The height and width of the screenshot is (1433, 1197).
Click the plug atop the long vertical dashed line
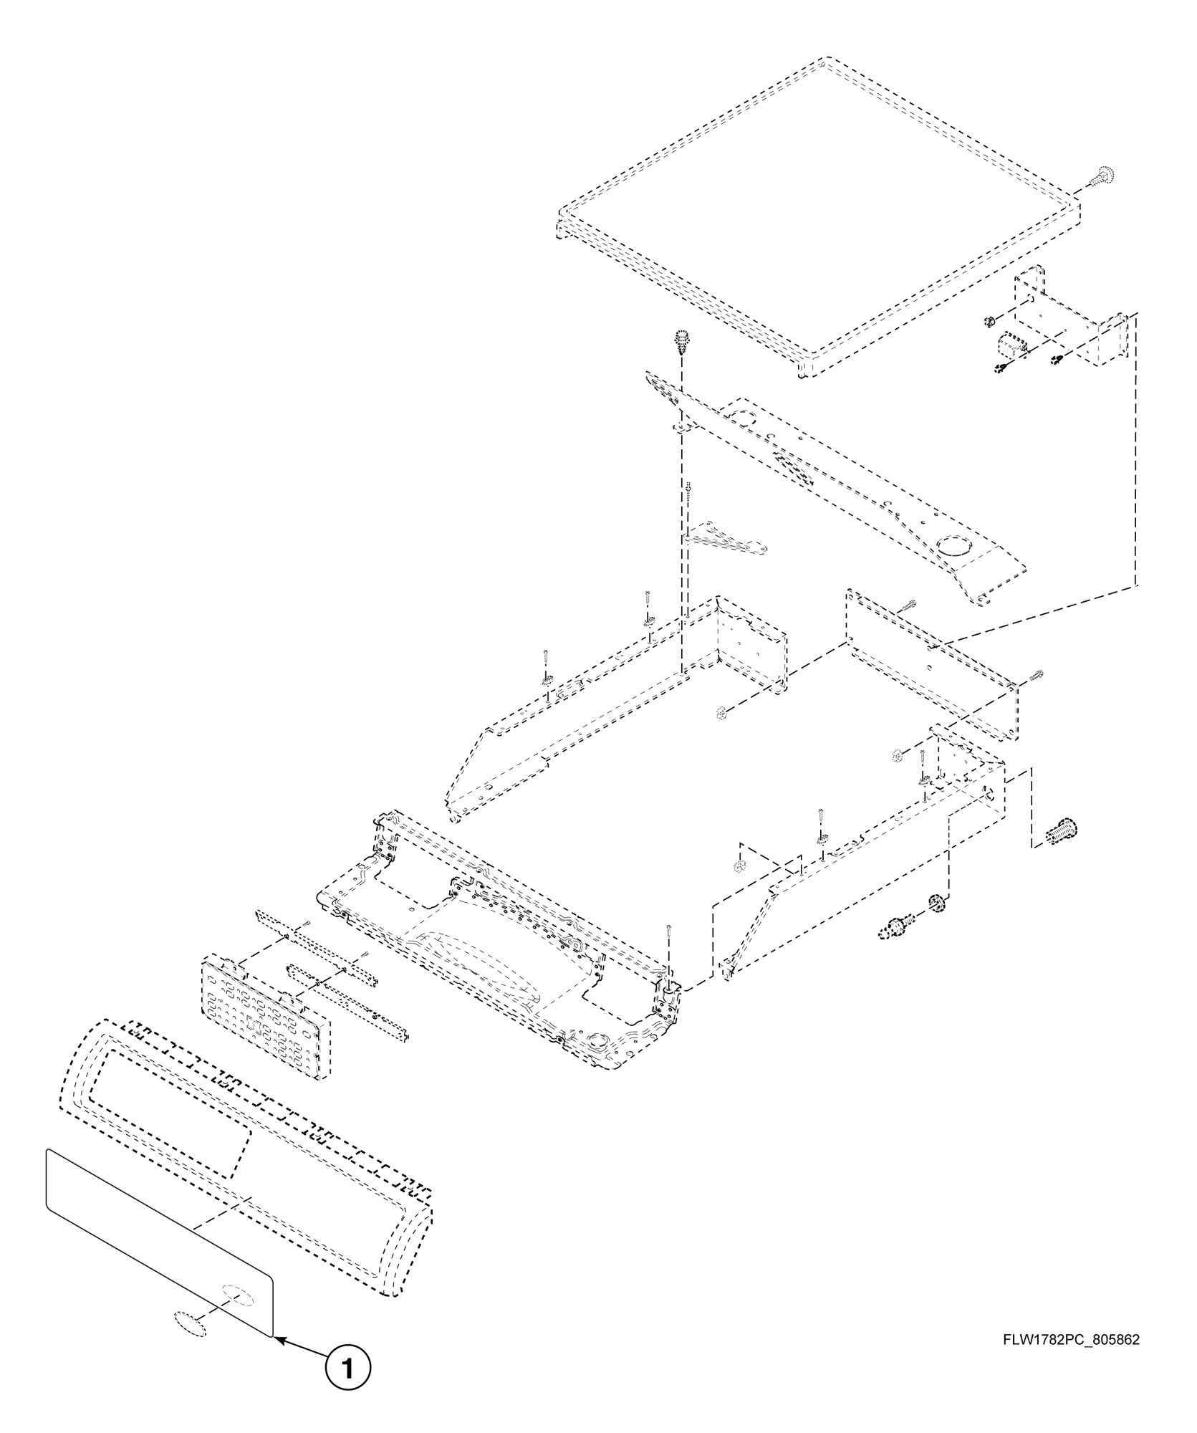(x=681, y=340)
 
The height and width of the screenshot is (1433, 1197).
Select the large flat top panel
(x=817, y=215)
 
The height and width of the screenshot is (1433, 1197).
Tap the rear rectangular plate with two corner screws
(x=931, y=663)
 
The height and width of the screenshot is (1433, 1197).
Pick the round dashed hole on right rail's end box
(x=989, y=792)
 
